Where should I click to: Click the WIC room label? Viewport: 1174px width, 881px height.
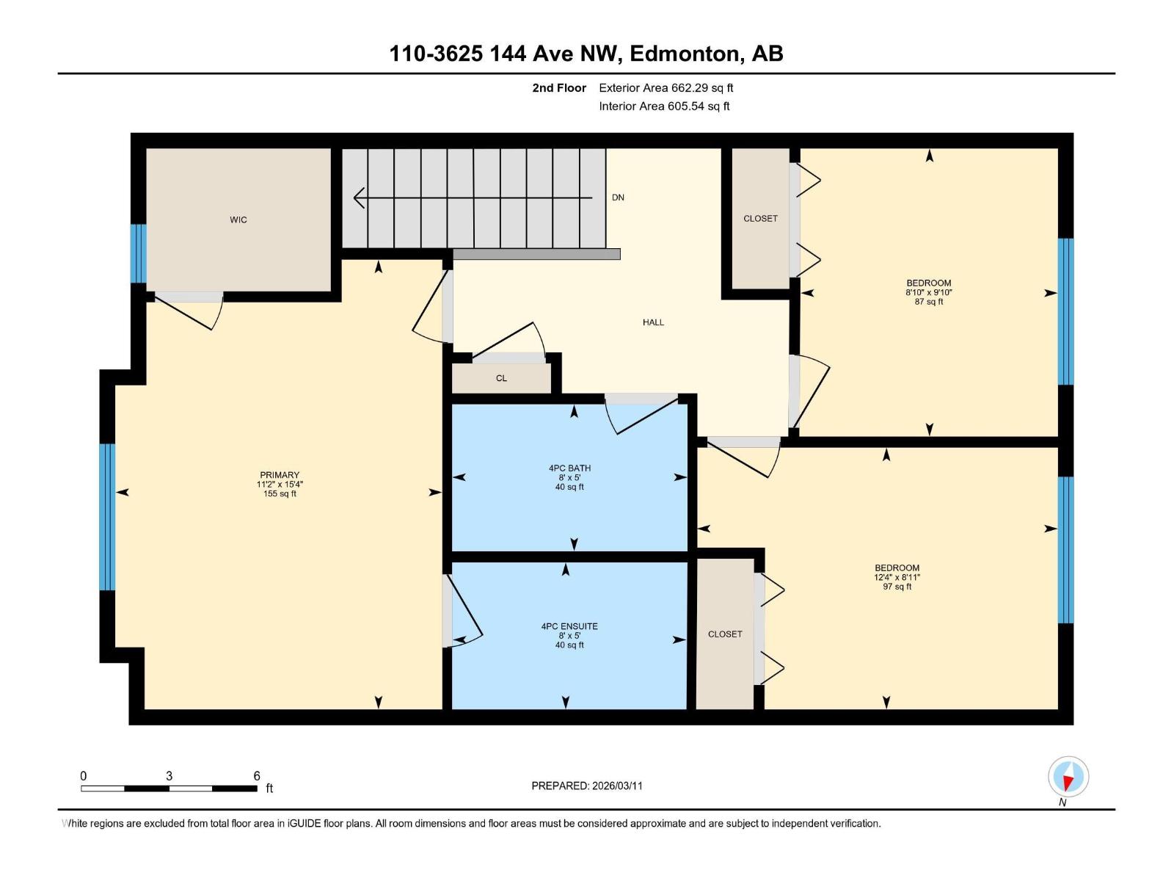click(x=238, y=220)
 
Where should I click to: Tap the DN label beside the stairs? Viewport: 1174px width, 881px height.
click(x=618, y=197)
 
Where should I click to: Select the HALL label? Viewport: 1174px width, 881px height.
click(x=653, y=322)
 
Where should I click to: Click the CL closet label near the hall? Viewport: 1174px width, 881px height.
click(x=501, y=378)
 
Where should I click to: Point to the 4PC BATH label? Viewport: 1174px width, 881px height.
click(x=569, y=468)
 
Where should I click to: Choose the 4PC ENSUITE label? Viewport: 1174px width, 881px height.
click(x=569, y=626)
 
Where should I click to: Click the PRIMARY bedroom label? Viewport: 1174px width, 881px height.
click(x=279, y=475)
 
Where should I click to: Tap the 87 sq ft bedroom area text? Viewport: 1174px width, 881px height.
click(x=928, y=302)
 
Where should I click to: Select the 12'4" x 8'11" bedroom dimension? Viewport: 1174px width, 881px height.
click(x=897, y=577)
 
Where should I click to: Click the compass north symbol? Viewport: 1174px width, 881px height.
click(x=1068, y=777)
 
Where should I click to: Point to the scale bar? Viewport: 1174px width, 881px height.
click(x=169, y=788)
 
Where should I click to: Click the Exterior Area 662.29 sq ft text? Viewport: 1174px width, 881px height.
click(x=666, y=88)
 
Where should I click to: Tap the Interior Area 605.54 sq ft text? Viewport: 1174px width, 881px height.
click(x=664, y=106)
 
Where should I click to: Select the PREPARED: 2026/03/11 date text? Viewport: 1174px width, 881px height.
click(x=586, y=786)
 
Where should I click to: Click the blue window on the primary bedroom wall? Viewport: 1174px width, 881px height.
click(x=107, y=517)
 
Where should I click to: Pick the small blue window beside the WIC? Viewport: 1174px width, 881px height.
click(x=138, y=253)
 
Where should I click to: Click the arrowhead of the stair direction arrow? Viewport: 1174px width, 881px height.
click(x=359, y=198)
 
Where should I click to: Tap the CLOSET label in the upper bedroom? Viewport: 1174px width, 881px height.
click(x=760, y=219)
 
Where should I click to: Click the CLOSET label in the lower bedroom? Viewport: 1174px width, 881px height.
click(x=725, y=634)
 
